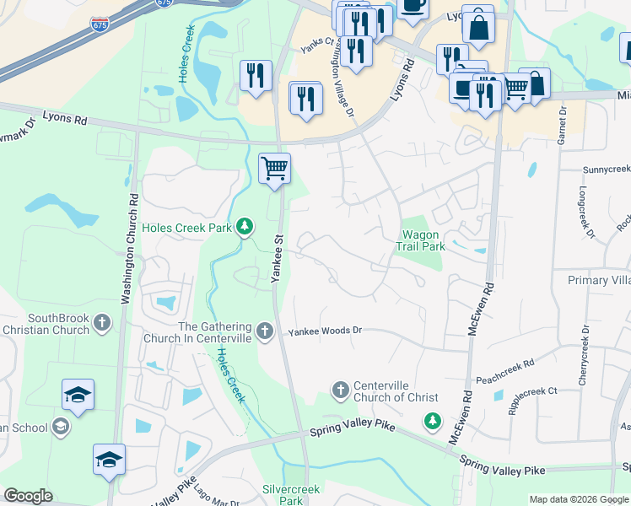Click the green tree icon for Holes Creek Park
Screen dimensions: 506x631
pyautogui.click(x=245, y=226)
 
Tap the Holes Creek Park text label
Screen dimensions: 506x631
pyautogui.click(x=186, y=228)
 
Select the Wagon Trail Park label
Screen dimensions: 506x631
pyautogui.click(x=421, y=240)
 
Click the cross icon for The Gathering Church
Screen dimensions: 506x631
pyautogui.click(x=265, y=331)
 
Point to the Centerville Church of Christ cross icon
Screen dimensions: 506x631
pyautogui.click(x=340, y=389)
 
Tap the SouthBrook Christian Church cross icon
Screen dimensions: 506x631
pyautogui.click(x=101, y=323)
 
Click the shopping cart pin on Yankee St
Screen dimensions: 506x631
pyautogui.click(x=274, y=169)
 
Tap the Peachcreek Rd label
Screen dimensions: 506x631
pyautogui.click(x=504, y=363)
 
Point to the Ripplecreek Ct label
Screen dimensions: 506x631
pyautogui.click(x=528, y=391)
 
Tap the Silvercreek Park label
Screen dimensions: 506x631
pyautogui.click(x=283, y=494)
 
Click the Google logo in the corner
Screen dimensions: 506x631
pyautogui.click(x=28, y=496)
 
